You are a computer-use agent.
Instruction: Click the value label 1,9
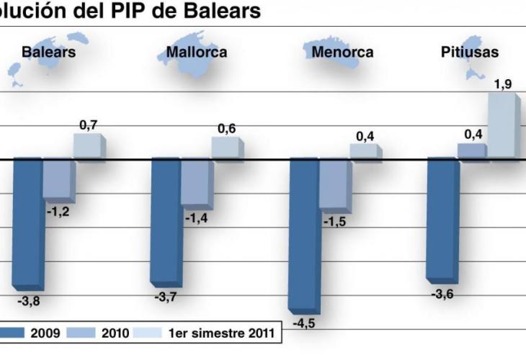(x=503, y=84)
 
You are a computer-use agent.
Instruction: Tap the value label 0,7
(x=89, y=125)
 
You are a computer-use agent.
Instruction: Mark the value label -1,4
(x=196, y=217)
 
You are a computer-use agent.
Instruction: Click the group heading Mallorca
(x=196, y=52)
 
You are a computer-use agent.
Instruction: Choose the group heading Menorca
(x=342, y=52)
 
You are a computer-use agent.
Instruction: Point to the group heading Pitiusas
(x=470, y=52)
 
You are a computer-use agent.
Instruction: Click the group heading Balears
(x=48, y=52)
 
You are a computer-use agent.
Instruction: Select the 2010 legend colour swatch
(x=81, y=333)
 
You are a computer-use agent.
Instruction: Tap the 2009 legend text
(x=45, y=333)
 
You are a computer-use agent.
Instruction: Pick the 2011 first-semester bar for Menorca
(x=364, y=151)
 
